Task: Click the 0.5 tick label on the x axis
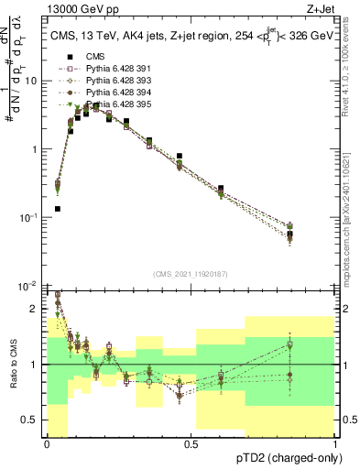pos(191,444)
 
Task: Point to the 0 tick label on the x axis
pos(47,444)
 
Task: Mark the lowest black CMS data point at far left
pos(58,209)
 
